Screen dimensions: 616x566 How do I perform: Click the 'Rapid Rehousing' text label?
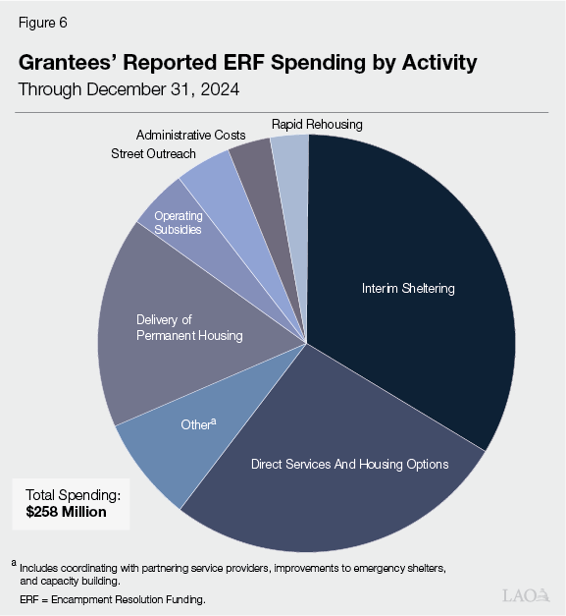(x=317, y=124)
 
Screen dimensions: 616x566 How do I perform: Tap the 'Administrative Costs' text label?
(x=190, y=135)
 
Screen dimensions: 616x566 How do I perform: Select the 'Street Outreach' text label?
(x=153, y=153)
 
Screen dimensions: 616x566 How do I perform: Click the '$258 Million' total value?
(x=66, y=512)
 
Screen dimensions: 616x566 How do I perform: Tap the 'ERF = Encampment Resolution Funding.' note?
(x=113, y=598)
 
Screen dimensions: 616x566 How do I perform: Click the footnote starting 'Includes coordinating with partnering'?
(x=235, y=568)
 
